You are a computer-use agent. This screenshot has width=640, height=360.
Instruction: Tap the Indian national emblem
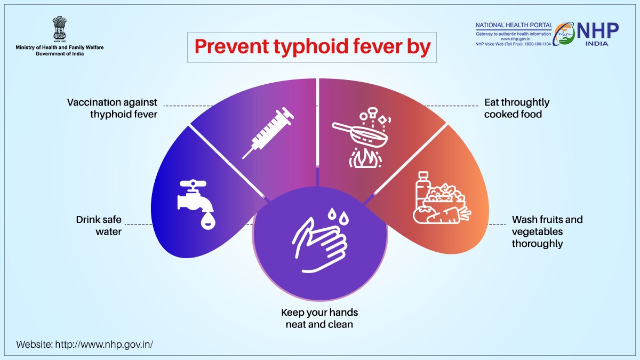click(59, 30)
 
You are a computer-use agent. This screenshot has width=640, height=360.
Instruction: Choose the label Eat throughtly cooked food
click(516, 108)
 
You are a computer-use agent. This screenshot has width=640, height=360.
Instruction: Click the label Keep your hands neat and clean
click(319, 318)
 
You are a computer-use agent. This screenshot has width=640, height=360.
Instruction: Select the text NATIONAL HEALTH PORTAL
click(513, 25)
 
